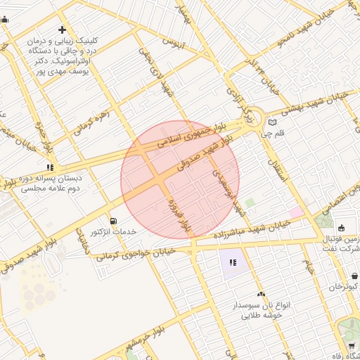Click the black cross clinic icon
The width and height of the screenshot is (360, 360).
pos(63,30)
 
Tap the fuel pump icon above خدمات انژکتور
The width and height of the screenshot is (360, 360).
pos(113,221)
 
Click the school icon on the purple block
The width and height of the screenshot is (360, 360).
pos(233,263)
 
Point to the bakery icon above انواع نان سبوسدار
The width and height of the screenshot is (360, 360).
pos(262,295)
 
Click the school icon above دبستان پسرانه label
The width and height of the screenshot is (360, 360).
pos(49,167)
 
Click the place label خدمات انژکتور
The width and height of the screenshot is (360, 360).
pos(113,231)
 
